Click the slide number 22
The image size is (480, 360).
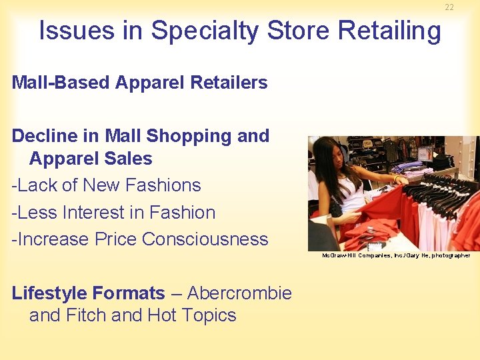(x=449, y=7)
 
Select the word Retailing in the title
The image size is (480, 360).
(x=390, y=31)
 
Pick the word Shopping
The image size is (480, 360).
(x=187, y=137)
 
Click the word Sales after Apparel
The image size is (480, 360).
(x=130, y=159)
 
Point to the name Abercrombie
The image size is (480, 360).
(x=239, y=293)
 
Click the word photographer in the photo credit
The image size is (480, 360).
(x=448, y=255)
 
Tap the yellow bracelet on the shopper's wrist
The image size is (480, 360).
(x=397, y=179)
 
